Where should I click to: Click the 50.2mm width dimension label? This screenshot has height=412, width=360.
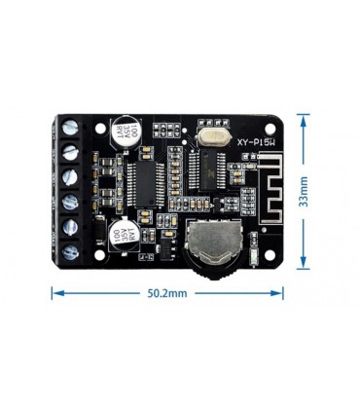pyautogui.click(x=167, y=291)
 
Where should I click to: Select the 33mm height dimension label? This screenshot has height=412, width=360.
pyautogui.click(x=304, y=191)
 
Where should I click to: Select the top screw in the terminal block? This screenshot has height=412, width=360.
pyautogui.click(x=70, y=127)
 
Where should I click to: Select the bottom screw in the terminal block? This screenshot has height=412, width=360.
pyautogui.click(x=71, y=253)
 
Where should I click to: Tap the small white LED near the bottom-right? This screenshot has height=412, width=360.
pyautogui.click(x=252, y=257)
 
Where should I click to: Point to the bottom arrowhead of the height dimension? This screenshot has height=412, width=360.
pyautogui.click(x=304, y=265)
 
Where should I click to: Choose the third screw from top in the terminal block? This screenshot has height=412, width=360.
pyautogui.click(x=70, y=177)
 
